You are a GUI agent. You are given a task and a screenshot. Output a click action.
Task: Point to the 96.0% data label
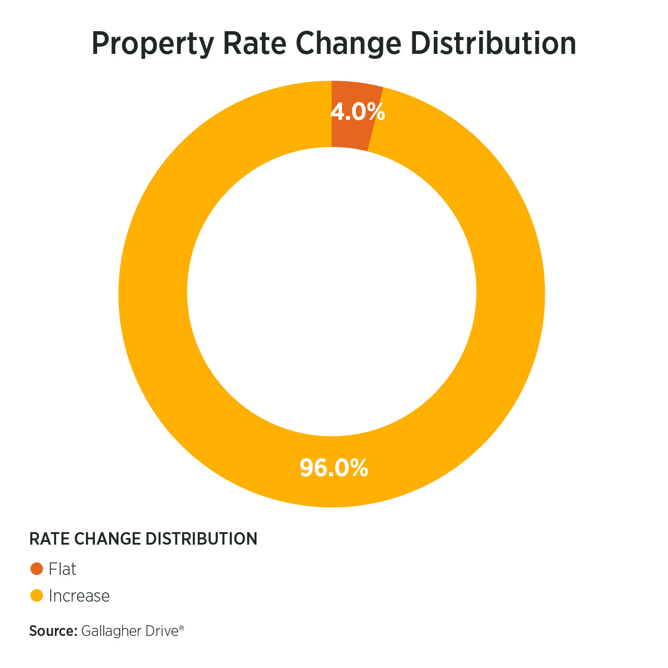pos(334,468)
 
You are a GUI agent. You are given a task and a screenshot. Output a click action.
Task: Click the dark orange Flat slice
pos(352,134)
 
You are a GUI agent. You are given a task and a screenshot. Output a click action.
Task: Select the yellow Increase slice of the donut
pos(151,294)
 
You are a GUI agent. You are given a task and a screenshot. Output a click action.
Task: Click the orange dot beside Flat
pos(36,569)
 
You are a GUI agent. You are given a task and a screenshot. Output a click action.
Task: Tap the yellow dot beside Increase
pos(36,595)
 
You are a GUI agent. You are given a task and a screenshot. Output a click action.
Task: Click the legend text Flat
pos(62,569)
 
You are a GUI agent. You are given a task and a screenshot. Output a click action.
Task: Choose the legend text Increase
pos(79,596)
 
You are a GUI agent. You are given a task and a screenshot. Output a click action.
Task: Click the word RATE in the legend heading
pos(48,539)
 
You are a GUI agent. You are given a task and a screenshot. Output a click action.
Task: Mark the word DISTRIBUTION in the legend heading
pos(201,539)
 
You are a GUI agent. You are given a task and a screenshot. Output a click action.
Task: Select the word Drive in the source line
pos(163,631)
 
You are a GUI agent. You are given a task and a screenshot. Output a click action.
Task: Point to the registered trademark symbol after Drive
pos(181,627)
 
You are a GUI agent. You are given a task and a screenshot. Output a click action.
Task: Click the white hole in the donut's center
pos(332,292)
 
